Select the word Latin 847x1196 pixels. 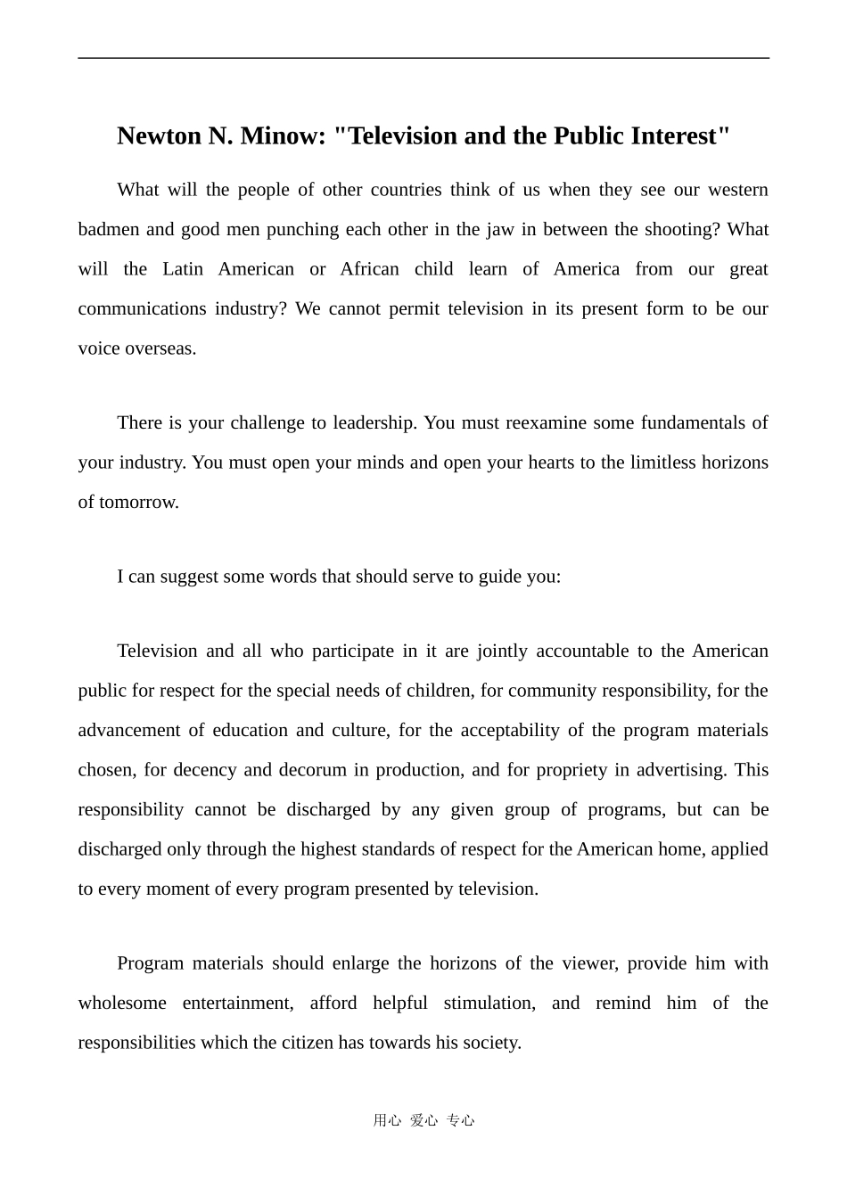(183, 269)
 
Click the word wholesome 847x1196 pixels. (122, 1003)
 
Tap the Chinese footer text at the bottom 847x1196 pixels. (423, 1120)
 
